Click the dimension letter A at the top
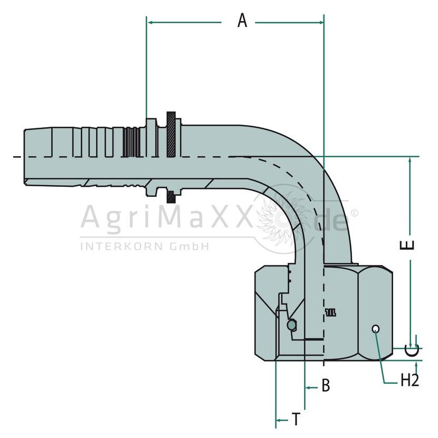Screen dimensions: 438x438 (242, 21)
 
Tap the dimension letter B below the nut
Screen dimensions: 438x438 (326, 385)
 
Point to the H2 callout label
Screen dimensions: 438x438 (410, 380)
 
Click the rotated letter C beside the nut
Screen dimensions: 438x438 (412, 351)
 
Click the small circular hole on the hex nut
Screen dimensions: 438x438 (376, 329)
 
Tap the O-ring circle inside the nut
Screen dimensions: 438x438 (291, 325)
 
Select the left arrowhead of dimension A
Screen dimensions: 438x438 (150, 22)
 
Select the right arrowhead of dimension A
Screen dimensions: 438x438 (320, 22)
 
